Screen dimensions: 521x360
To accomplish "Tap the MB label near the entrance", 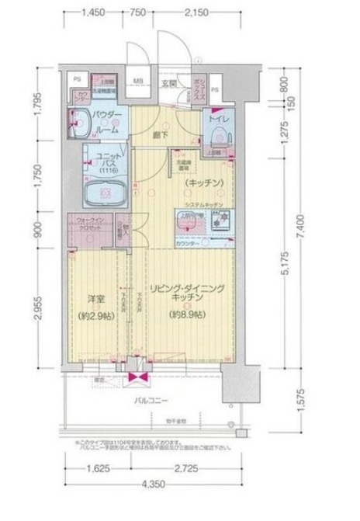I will pos(136,81).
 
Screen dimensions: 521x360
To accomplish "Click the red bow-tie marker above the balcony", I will pos(140,378).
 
